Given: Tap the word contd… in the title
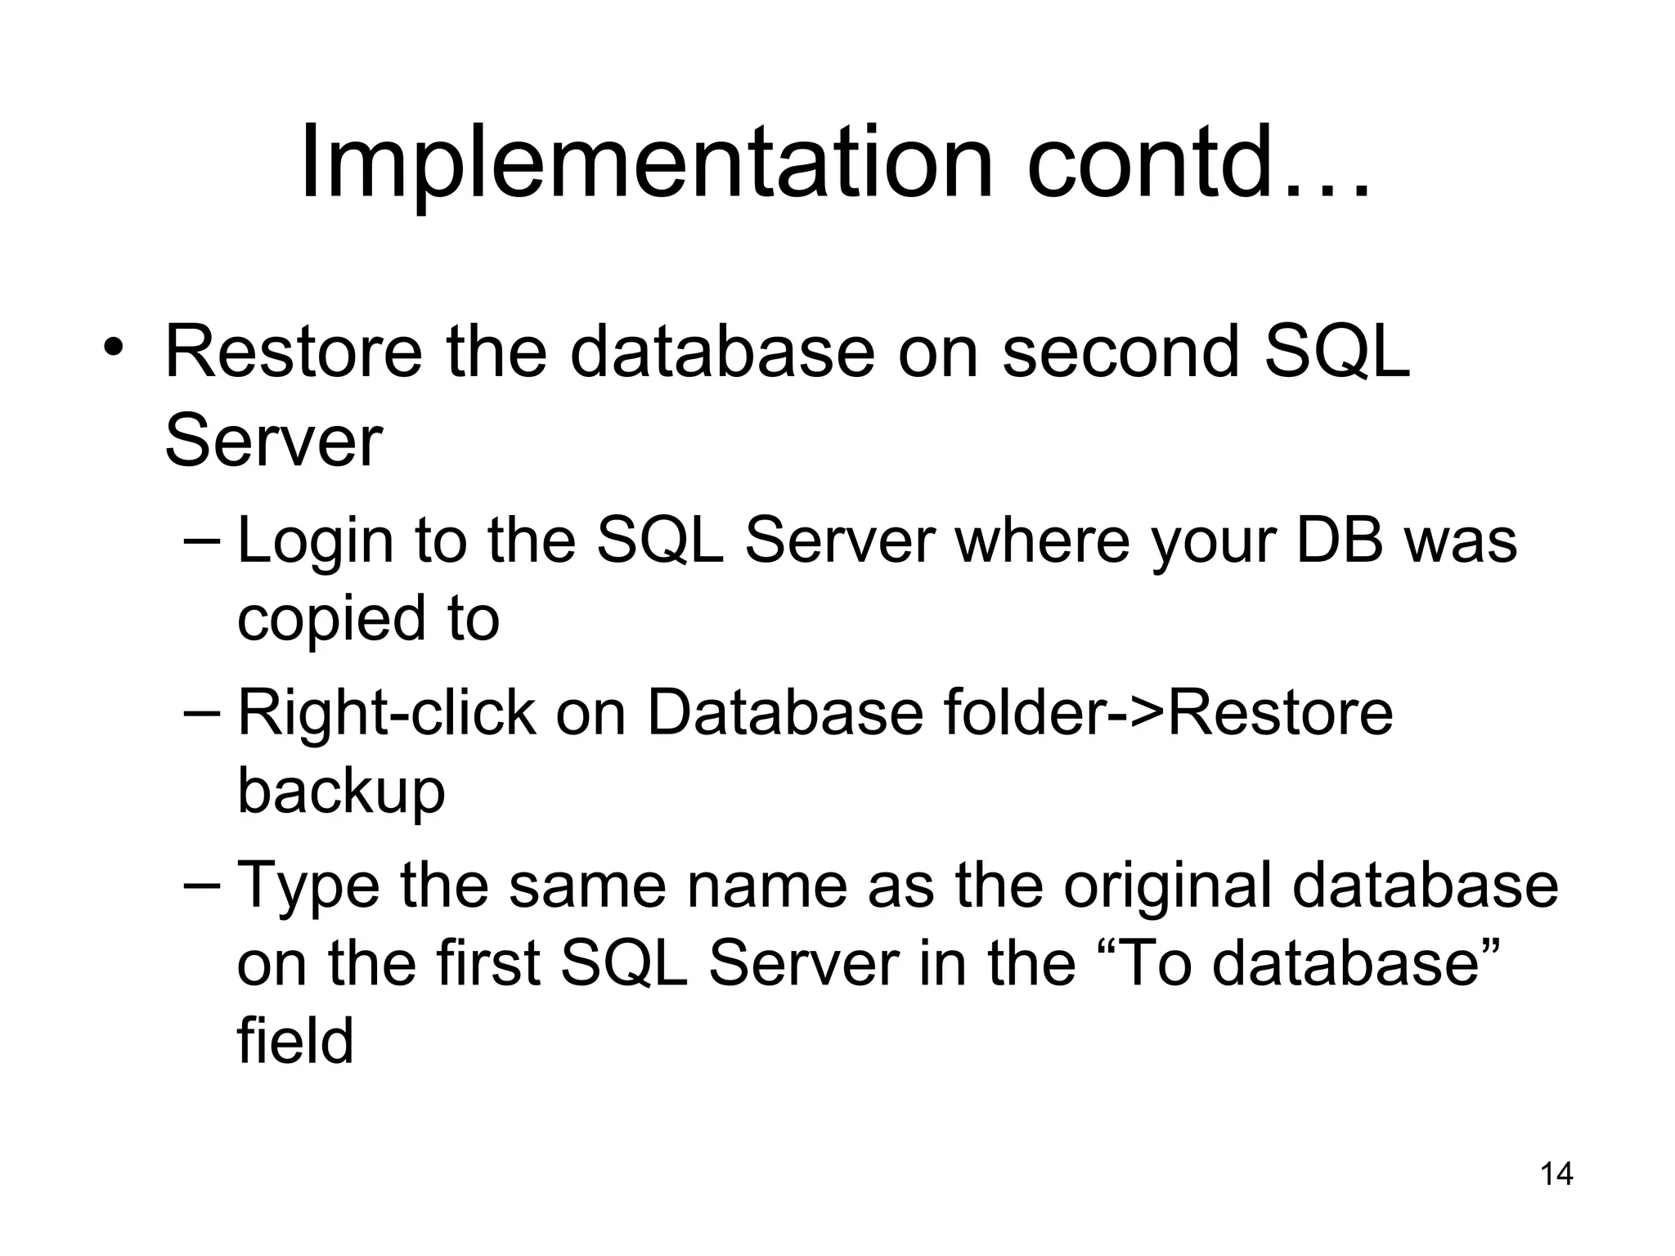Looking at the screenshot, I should (1197, 163).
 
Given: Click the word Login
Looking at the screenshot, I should (316, 542).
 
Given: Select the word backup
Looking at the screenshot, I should (341, 792).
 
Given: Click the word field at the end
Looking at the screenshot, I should (295, 1041).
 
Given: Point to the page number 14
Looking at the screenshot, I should (1556, 1175).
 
